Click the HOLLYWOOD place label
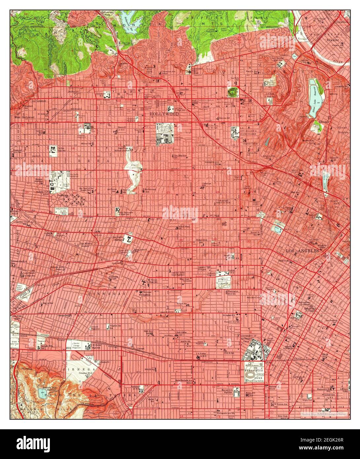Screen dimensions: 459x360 coord(164,114)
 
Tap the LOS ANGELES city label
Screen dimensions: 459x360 coord(302,251)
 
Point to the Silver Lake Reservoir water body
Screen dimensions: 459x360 coord(313,98)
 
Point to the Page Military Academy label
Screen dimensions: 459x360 coord(85,245)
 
